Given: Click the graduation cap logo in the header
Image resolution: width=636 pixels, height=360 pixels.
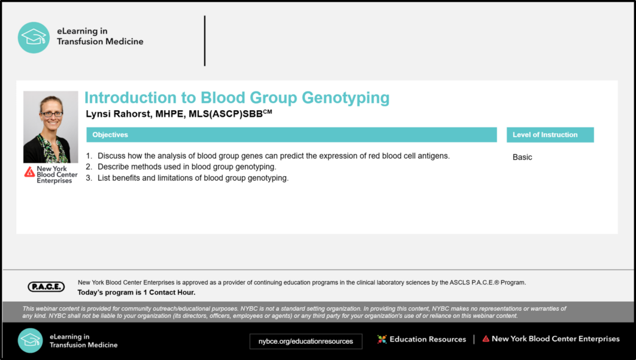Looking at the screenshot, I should (x=34, y=38).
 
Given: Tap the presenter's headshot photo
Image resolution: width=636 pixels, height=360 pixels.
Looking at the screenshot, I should (x=50, y=127).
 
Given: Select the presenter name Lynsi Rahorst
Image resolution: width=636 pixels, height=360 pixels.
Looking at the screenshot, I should (x=120, y=114).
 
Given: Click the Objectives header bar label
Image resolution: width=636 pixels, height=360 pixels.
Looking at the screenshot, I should (x=110, y=135).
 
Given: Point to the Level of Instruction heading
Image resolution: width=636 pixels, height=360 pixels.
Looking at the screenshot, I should (x=545, y=135).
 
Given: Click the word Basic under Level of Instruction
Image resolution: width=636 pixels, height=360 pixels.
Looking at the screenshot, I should (x=522, y=158).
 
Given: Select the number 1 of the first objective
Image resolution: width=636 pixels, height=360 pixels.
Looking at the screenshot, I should (x=89, y=156).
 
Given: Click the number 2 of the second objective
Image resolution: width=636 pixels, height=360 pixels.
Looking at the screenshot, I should (x=89, y=167).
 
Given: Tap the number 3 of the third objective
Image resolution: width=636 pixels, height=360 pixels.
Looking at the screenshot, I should (x=89, y=178).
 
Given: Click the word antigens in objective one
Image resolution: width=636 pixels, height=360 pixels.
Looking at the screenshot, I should (x=434, y=156).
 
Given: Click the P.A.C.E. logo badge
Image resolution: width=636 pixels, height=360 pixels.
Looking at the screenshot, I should (x=46, y=287).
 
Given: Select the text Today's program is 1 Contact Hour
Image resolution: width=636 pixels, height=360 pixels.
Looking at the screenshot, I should (x=137, y=293).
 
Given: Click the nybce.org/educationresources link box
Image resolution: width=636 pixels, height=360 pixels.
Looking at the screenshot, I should (x=306, y=341).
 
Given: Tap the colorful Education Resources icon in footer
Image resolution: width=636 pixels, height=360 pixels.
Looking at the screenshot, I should (x=382, y=339).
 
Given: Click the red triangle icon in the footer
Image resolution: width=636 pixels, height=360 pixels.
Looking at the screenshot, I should (x=486, y=339).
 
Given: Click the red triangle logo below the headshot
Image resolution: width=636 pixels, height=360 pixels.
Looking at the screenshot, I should (x=29, y=172).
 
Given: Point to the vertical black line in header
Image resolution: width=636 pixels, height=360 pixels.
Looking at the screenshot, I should (x=205, y=41).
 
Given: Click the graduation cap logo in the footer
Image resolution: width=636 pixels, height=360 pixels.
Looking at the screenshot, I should (x=30, y=340).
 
